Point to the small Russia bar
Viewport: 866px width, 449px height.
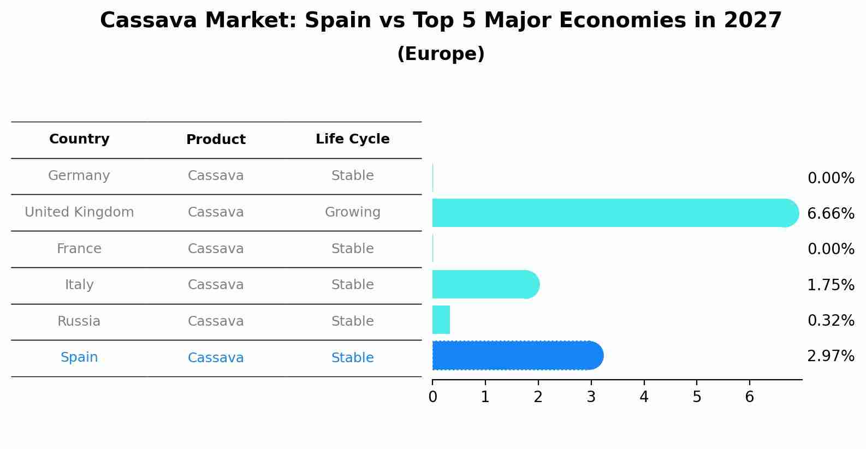click(441, 320)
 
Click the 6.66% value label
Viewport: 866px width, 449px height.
click(831, 213)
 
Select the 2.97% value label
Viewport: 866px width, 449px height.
click(831, 356)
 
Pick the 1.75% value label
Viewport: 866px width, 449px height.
click(831, 285)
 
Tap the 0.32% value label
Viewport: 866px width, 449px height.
click(831, 320)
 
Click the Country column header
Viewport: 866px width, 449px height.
click(79, 139)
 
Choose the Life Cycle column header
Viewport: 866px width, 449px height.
click(352, 139)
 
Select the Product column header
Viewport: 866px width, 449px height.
click(216, 140)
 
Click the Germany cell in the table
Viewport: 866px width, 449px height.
click(79, 176)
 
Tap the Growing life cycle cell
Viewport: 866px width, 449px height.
click(352, 212)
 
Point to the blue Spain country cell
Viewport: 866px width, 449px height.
click(79, 357)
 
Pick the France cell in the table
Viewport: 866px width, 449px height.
click(79, 249)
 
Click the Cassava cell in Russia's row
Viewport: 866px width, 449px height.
click(216, 321)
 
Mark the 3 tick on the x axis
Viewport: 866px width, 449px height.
click(591, 397)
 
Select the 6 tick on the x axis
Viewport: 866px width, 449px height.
click(749, 397)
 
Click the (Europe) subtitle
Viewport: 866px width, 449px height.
click(441, 54)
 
